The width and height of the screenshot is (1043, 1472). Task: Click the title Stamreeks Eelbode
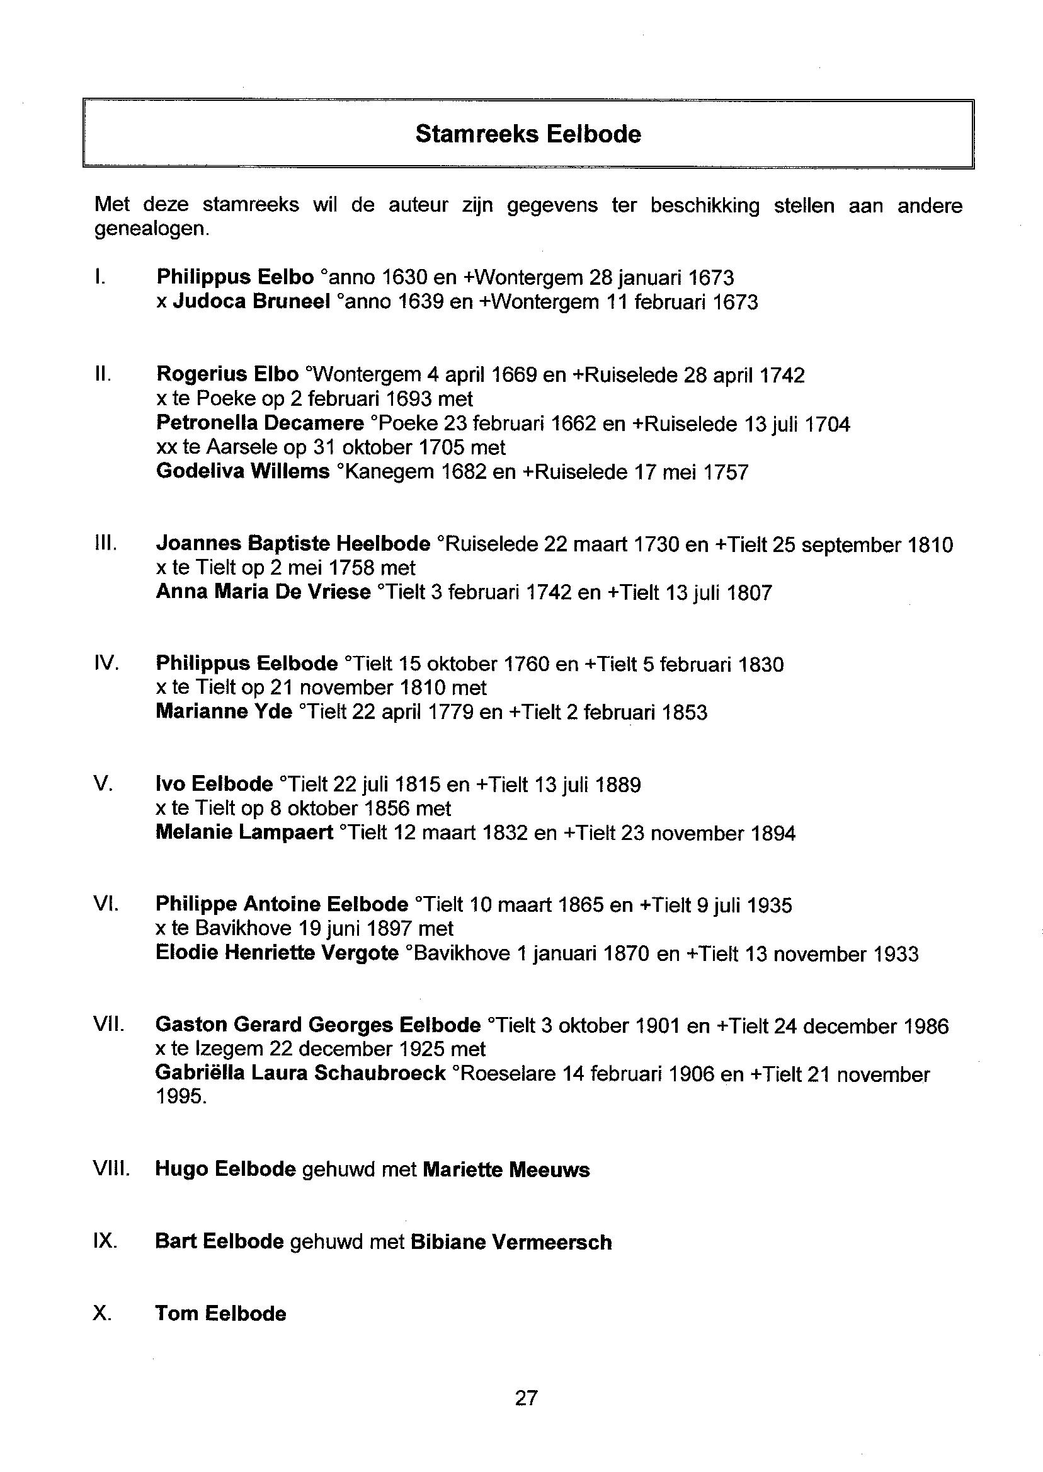[527, 134]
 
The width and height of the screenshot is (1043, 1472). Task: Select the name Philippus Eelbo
[234, 277]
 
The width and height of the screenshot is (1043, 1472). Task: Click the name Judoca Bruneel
[251, 301]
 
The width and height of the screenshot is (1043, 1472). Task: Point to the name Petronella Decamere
[259, 423]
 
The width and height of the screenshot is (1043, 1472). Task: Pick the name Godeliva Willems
[242, 471]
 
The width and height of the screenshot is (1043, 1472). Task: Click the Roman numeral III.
[105, 544]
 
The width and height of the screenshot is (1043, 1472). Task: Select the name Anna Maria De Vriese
[263, 592]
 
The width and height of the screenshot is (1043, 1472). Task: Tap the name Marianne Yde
[224, 712]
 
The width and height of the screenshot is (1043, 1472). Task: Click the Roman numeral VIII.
[111, 1170]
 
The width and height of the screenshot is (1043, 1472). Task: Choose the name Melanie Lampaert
[244, 832]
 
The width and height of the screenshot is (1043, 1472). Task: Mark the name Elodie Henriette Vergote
[276, 953]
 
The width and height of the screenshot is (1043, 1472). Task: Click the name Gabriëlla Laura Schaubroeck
[300, 1073]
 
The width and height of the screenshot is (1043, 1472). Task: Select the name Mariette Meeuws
[506, 1170]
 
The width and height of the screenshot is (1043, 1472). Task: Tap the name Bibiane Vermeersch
[511, 1242]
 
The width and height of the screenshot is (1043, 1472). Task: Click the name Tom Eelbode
[220, 1313]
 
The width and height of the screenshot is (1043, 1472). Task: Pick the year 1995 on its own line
[181, 1097]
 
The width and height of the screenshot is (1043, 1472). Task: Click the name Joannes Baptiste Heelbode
[293, 544]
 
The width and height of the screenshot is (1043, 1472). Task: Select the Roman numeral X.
[103, 1313]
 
